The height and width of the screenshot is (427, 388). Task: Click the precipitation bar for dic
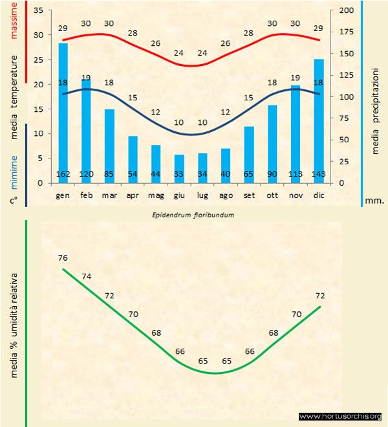coord(319,120)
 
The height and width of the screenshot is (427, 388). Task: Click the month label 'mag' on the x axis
coord(156,195)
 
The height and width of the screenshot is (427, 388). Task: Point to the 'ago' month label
coord(226,195)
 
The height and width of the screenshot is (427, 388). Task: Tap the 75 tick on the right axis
coord(345,118)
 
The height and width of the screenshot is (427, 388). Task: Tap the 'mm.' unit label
coord(375,201)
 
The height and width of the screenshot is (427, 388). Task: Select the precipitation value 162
coord(63,174)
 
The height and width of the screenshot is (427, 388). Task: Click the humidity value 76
coord(63,258)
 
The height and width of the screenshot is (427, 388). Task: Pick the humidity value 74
coord(87,277)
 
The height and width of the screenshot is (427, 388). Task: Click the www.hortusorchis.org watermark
coord(340,417)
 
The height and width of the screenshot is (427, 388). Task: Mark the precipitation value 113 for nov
coord(296,174)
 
